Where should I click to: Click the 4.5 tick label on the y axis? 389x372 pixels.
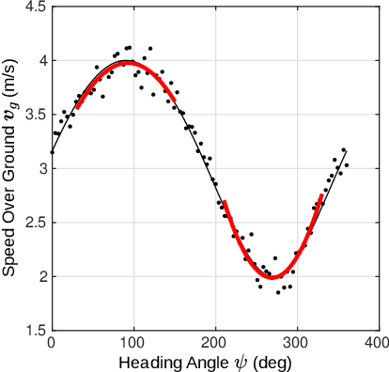pos(35,8)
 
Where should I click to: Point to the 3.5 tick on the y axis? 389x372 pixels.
pos(35,115)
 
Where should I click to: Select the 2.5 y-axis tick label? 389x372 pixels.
pos(35,224)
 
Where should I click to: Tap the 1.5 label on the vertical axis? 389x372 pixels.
pos(35,331)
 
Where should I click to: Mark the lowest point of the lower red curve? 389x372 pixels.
pos(272,277)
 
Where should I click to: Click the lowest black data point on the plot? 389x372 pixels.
pos(278,292)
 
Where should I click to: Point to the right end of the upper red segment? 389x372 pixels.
pos(174,101)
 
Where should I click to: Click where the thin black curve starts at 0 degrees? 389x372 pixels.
pos(52,152)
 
